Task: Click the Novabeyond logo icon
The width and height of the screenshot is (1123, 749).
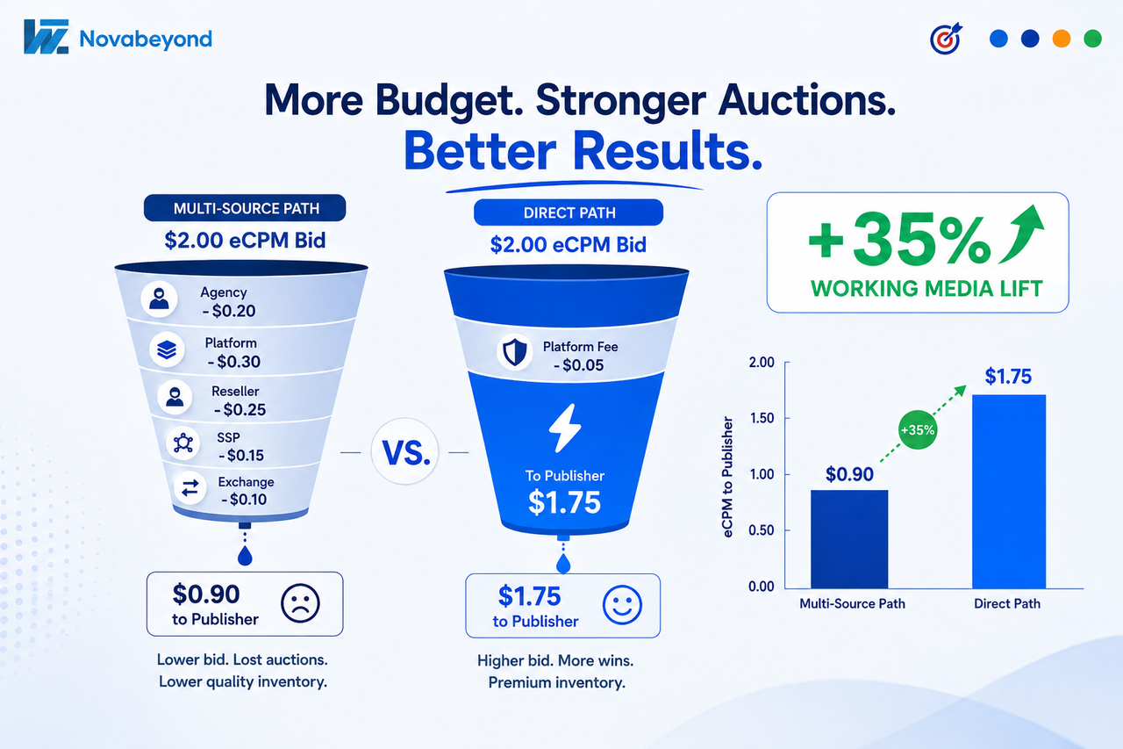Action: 46,37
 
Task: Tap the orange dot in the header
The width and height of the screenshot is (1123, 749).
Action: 1062,39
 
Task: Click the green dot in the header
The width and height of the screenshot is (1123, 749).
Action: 1093,39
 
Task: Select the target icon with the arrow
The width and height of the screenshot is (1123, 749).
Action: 947,38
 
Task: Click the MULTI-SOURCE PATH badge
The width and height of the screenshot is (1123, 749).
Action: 245,208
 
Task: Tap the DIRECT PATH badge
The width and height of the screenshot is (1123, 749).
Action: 569,212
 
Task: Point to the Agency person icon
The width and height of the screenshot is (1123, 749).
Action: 159,299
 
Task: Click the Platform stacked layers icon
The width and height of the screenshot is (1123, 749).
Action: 167,349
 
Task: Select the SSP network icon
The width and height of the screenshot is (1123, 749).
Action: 183,443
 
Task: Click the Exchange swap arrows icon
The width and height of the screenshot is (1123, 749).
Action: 190,487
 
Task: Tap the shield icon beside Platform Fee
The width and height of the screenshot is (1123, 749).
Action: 515,352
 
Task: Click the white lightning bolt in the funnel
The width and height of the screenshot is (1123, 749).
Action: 565,428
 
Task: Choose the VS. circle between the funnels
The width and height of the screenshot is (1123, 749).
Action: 404,451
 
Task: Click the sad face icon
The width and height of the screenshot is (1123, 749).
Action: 300,603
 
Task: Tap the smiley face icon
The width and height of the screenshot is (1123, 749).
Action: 622,605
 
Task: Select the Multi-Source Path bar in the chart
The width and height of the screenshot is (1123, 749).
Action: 849,539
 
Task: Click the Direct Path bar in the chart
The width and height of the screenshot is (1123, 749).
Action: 1009,492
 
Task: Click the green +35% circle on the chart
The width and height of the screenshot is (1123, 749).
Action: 918,430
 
